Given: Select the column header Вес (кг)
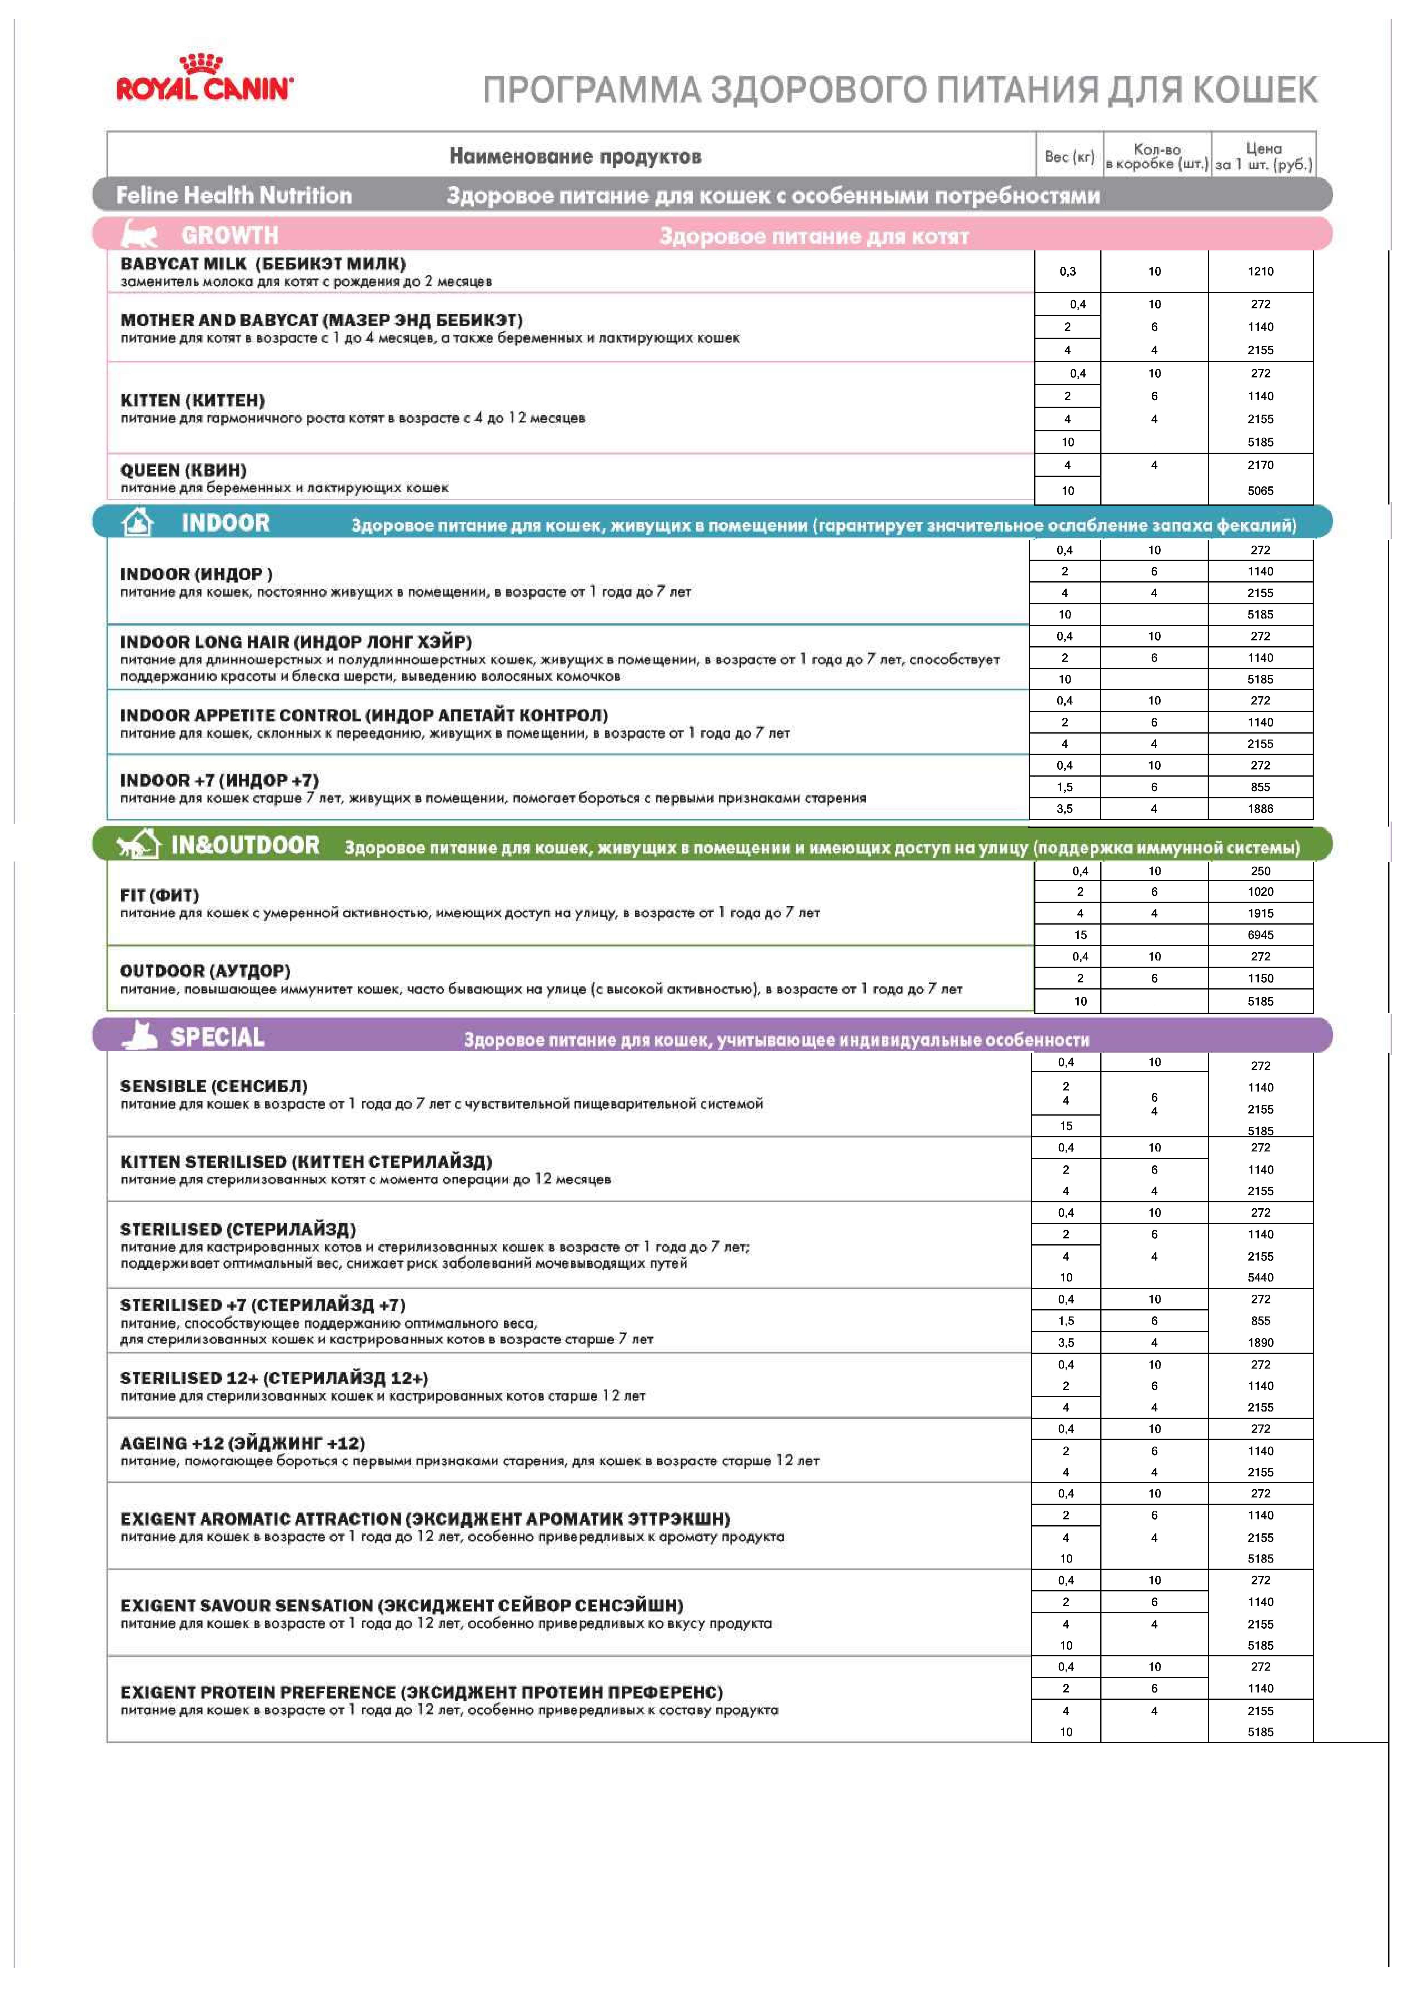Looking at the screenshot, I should [1069, 157].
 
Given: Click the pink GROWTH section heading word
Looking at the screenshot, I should [230, 235].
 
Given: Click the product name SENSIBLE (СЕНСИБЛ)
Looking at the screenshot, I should [213, 1086].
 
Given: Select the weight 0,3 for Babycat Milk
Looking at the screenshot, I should [1067, 271].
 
